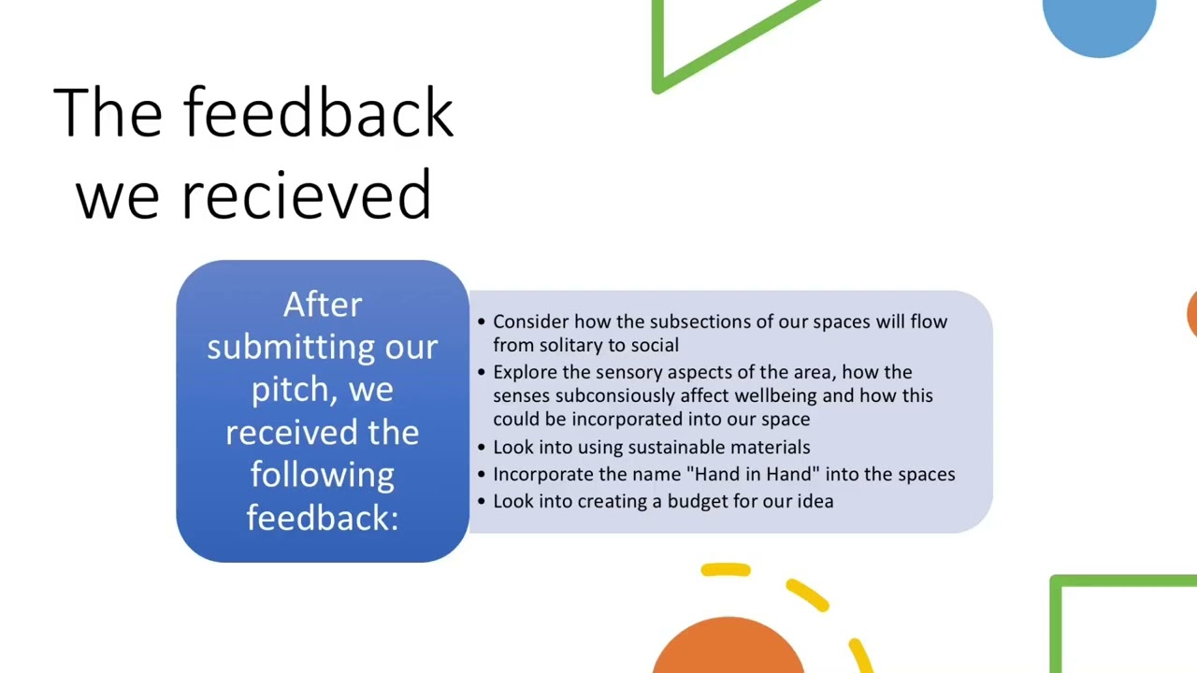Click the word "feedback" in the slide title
(319, 112)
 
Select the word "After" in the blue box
(323, 305)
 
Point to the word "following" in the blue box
(323, 476)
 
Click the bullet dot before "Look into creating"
(482, 502)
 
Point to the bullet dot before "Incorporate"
(482, 474)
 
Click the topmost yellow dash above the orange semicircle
(726, 570)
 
